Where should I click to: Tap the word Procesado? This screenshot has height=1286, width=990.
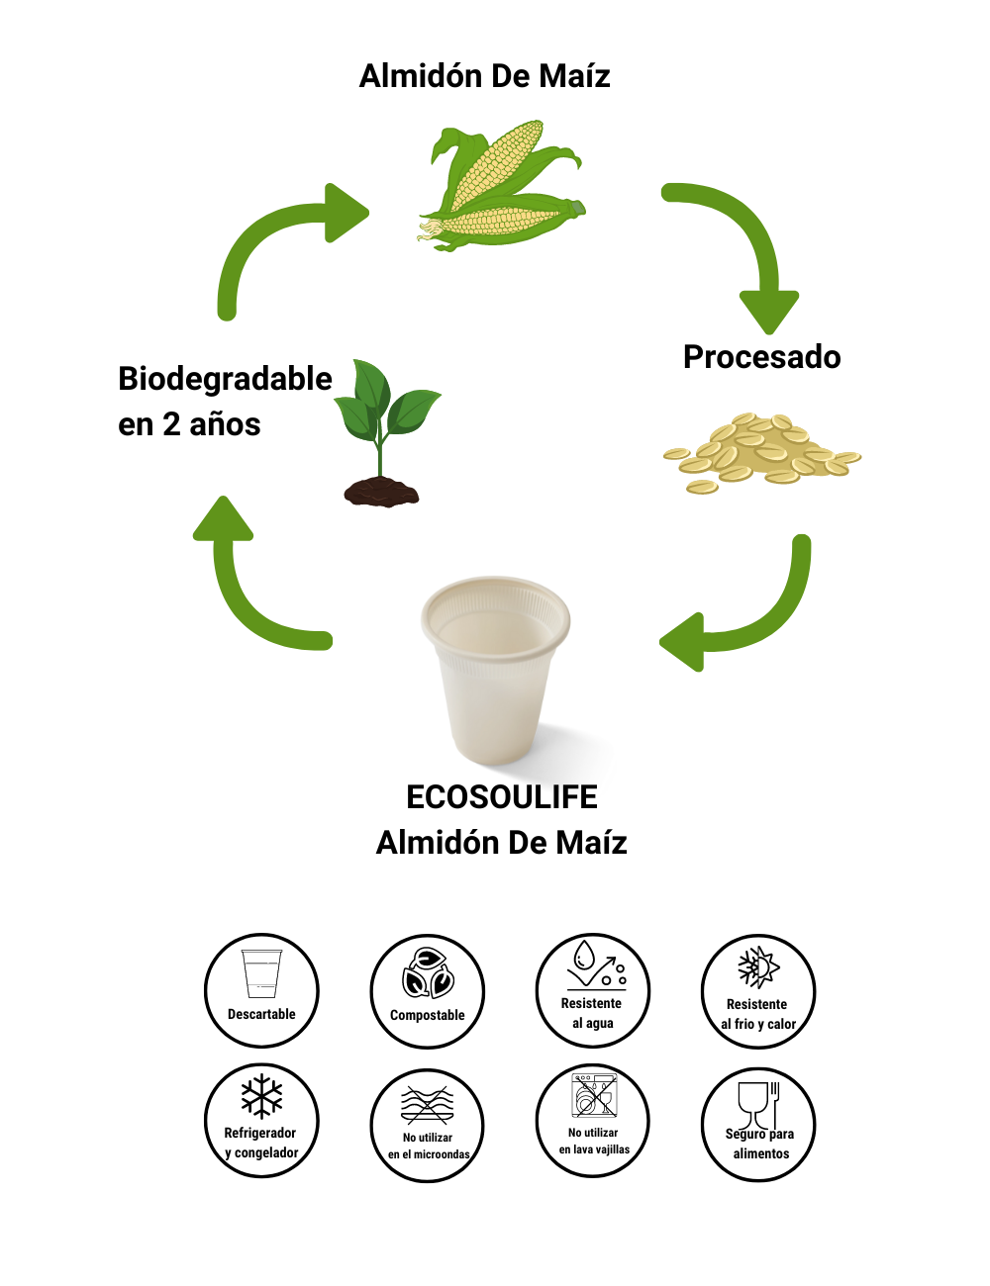click(761, 357)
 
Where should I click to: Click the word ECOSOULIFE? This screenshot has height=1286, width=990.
click(502, 797)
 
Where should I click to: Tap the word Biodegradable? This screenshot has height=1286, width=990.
click(225, 379)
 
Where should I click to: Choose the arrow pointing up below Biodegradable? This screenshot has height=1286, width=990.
click(247, 584)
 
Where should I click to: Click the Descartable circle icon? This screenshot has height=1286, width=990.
click(261, 990)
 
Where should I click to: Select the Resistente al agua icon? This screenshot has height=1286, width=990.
click(593, 990)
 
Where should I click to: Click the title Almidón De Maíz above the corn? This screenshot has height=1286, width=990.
click(484, 76)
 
